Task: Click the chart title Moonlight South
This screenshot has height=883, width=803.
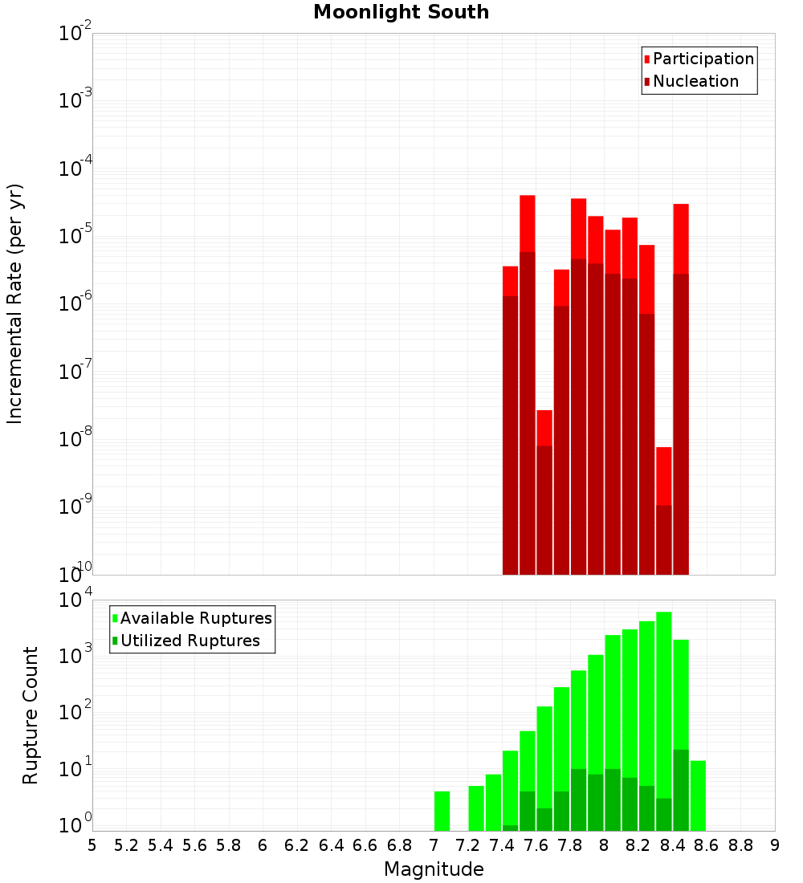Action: (401, 12)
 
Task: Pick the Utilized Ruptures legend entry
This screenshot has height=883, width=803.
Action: (190, 641)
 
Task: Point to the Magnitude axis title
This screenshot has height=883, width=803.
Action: (434, 869)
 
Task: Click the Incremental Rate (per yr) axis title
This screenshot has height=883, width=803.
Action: (15, 303)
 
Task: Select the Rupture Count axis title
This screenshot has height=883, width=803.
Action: (31, 715)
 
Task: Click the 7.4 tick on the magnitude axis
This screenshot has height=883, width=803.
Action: (502, 845)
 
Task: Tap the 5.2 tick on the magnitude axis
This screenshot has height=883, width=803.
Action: (126, 845)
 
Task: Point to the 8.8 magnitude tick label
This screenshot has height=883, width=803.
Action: (740, 845)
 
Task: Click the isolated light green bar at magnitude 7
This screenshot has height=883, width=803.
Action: (442, 811)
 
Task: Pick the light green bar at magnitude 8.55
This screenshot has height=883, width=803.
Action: (698, 795)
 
